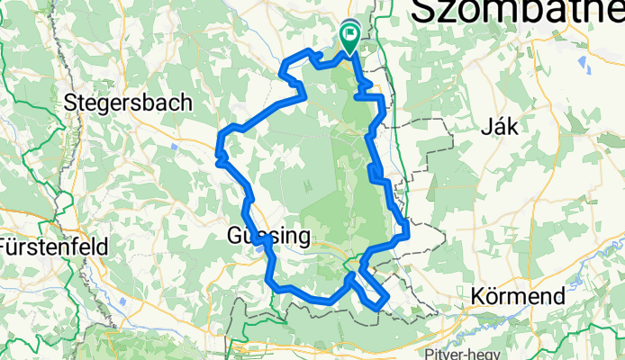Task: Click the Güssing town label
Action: click(x=267, y=237)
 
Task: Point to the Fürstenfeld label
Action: click(x=54, y=246)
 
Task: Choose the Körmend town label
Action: click(x=519, y=295)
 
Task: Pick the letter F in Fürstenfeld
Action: click(x=5, y=246)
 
